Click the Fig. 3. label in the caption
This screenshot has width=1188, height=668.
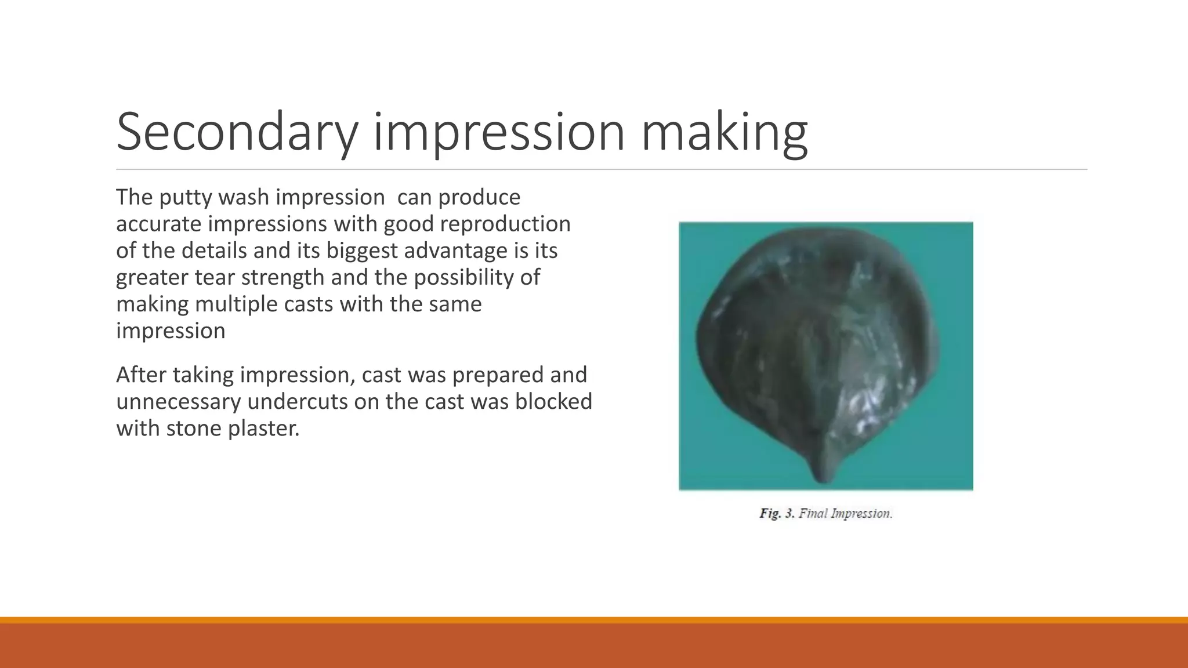(x=776, y=514)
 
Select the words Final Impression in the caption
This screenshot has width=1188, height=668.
(x=845, y=514)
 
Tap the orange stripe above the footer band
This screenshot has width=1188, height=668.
(x=594, y=620)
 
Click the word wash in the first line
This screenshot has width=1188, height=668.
(x=244, y=198)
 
